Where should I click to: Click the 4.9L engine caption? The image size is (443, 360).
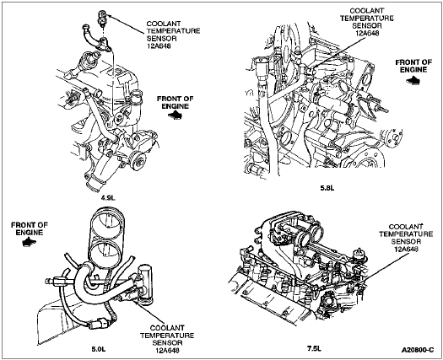[x=109, y=197]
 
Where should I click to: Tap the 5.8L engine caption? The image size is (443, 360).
[x=327, y=188]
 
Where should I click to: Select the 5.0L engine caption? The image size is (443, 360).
[x=99, y=349]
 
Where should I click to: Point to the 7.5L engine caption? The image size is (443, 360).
[x=315, y=348]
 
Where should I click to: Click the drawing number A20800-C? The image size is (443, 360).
[x=418, y=350]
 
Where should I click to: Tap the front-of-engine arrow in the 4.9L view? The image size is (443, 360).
[x=176, y=115]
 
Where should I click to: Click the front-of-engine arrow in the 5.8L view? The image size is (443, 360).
[x=413, y=81]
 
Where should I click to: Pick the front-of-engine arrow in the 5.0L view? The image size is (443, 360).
[x=29, y=242]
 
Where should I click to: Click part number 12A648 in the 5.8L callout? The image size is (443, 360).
[x=367, y=33]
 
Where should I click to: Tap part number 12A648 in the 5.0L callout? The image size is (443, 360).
[x=167, y=350]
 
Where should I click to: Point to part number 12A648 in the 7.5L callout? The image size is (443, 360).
[x=406, y=249]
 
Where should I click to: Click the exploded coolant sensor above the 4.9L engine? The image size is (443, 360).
[x=102, y=19]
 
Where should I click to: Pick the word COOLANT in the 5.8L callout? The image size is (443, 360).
[x=367, y=11]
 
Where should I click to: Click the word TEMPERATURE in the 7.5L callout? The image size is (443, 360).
[x=406, y=234]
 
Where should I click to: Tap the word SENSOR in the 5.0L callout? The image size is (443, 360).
[x=167, y=343]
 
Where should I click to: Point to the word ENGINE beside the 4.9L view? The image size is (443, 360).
[x=176, y=106]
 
